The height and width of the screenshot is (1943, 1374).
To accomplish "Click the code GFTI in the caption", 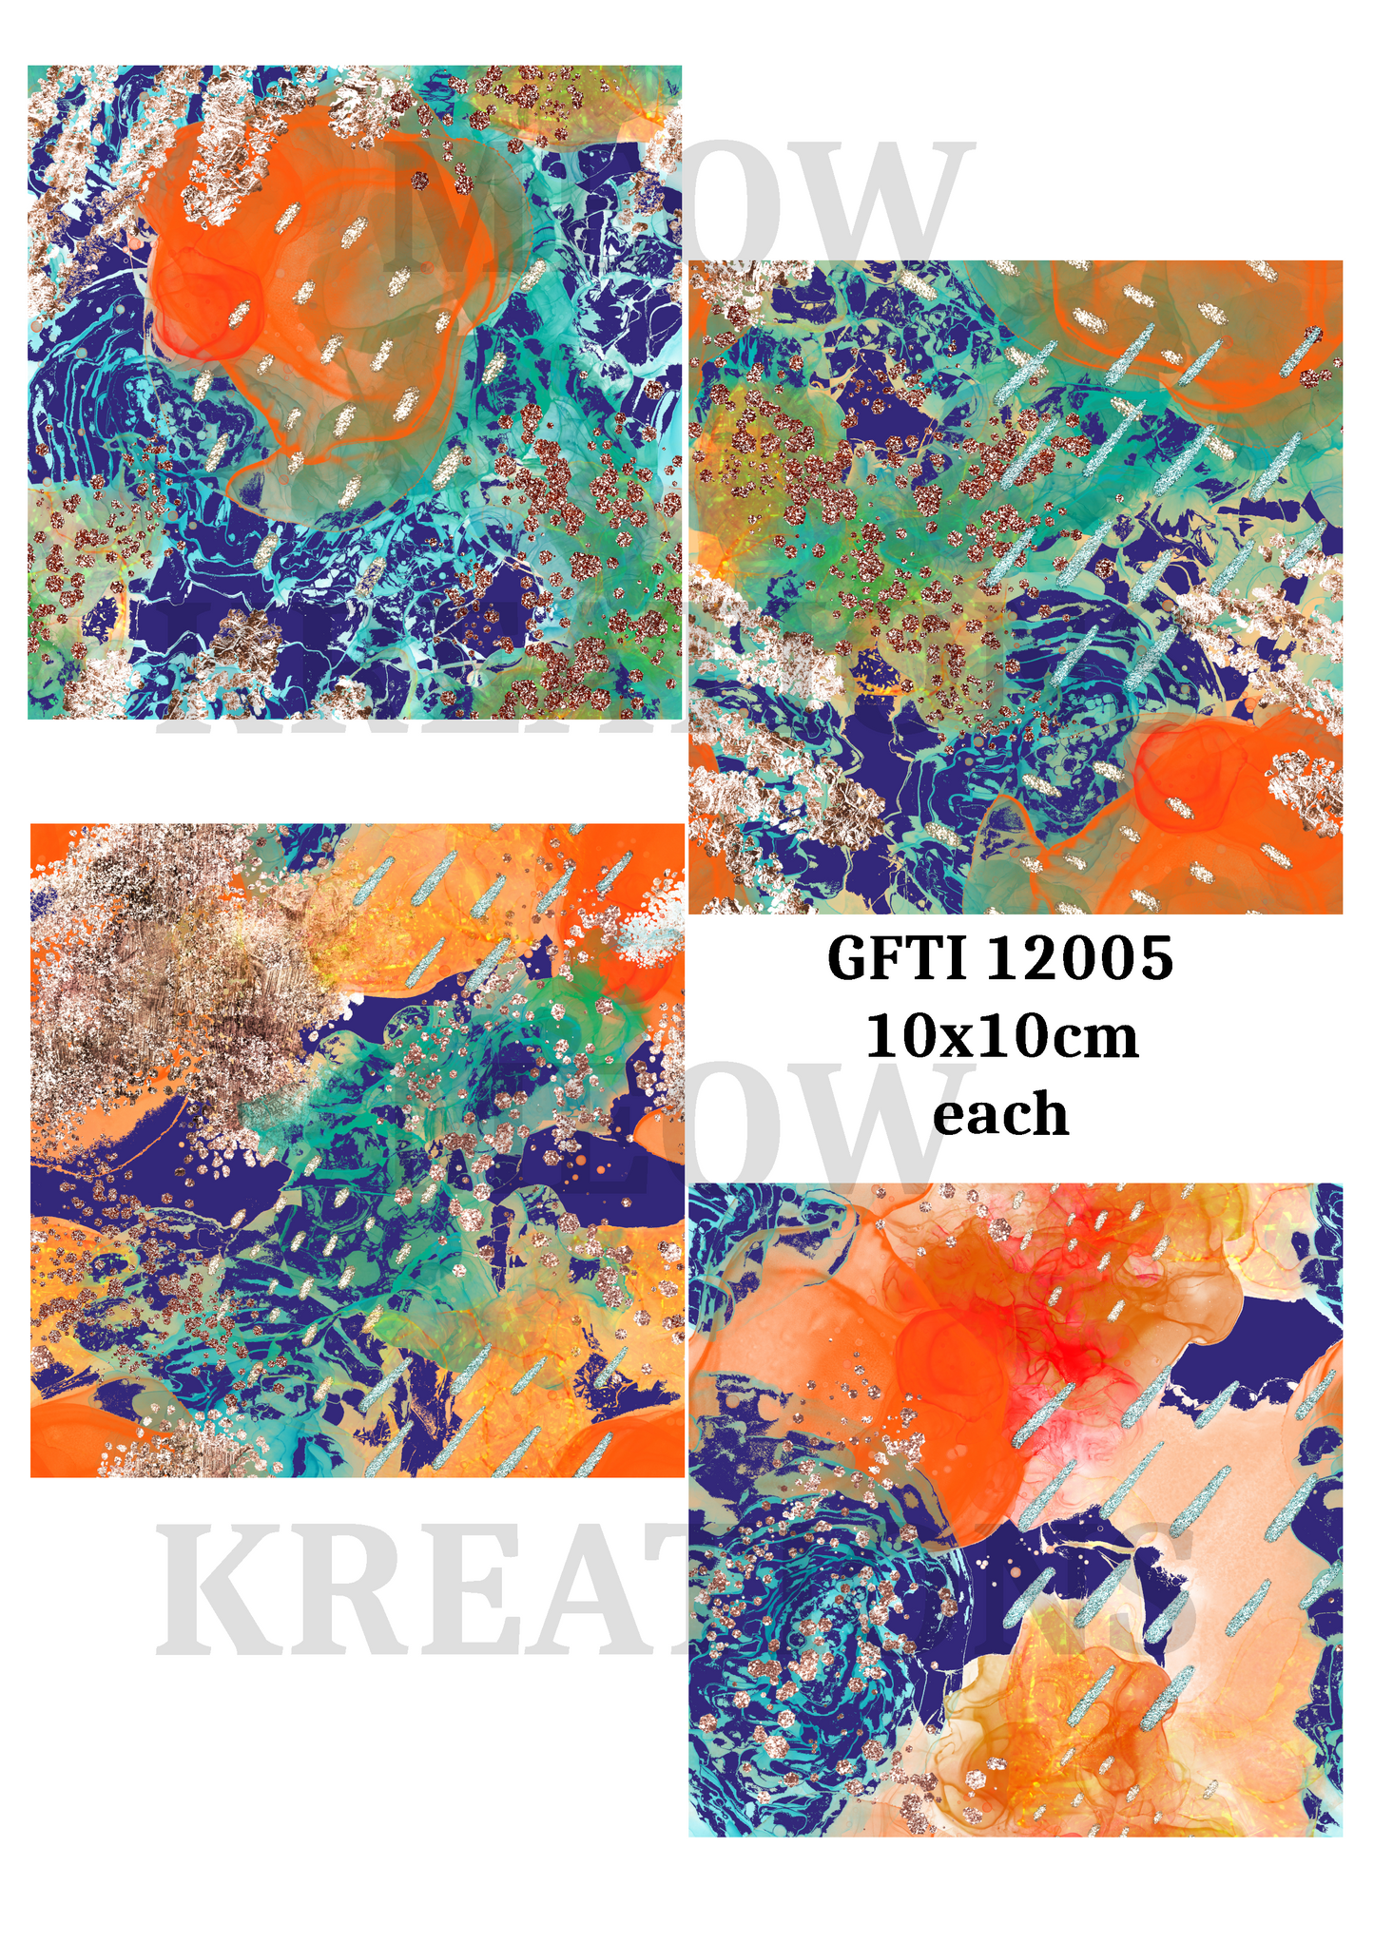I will (x=899, y=958).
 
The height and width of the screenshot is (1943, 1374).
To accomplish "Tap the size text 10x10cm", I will (x=1001, y=1036).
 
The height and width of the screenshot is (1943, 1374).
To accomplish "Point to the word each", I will (x=1000, y=1113).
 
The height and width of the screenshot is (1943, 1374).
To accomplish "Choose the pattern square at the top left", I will (x=355, y=392).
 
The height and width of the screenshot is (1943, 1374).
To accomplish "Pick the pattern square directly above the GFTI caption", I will (x=1016, y=587).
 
